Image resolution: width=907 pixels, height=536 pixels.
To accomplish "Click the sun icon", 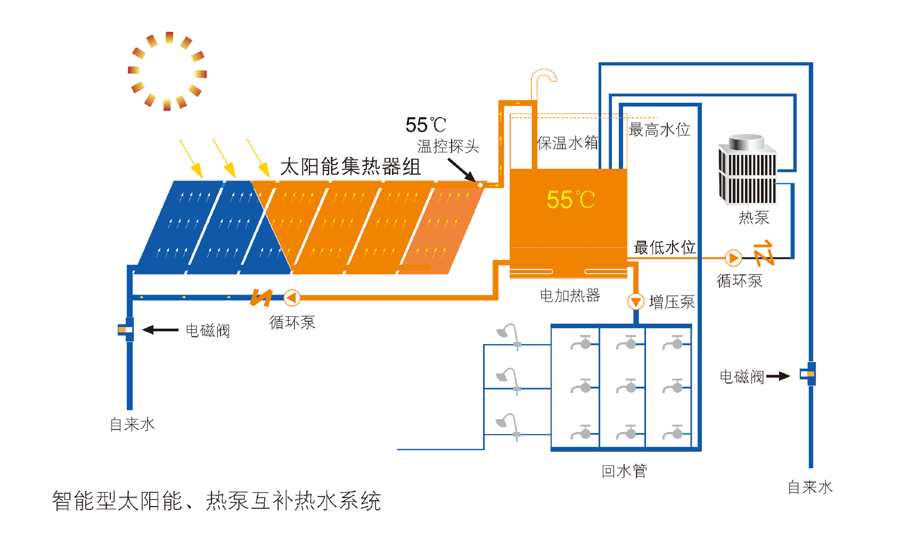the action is (168, 71).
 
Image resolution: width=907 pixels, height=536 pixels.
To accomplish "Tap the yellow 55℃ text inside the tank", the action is (571, 199).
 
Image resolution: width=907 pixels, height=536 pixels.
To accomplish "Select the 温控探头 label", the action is (448, 146).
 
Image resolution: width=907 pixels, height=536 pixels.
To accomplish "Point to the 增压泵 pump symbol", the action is (635, 301).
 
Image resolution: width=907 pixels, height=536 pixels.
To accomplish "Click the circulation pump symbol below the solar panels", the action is (291, 298).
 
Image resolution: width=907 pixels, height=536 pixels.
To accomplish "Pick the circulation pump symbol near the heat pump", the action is (733, 258).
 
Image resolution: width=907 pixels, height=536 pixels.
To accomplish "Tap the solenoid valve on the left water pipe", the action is (126, 329).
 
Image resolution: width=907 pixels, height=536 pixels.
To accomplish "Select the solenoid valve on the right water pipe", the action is (808, 374).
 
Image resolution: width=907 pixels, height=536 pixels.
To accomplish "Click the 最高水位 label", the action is (659, 130).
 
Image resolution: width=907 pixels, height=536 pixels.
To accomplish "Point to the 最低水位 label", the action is (664, 247).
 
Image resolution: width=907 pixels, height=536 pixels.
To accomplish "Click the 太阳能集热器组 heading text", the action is (351, 167).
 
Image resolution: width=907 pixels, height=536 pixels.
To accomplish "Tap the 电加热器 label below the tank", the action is (570, 296).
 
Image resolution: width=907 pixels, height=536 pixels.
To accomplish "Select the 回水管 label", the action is (624, 471).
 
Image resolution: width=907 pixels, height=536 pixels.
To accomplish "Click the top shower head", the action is (509, 334).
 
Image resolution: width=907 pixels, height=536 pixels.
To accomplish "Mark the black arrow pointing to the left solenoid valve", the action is (161, 330).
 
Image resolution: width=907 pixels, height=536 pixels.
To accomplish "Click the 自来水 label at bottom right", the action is (810, 487).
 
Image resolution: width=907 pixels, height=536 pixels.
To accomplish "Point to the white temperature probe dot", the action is (480, 185).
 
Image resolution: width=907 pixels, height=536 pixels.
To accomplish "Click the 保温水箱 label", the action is (567, 143).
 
